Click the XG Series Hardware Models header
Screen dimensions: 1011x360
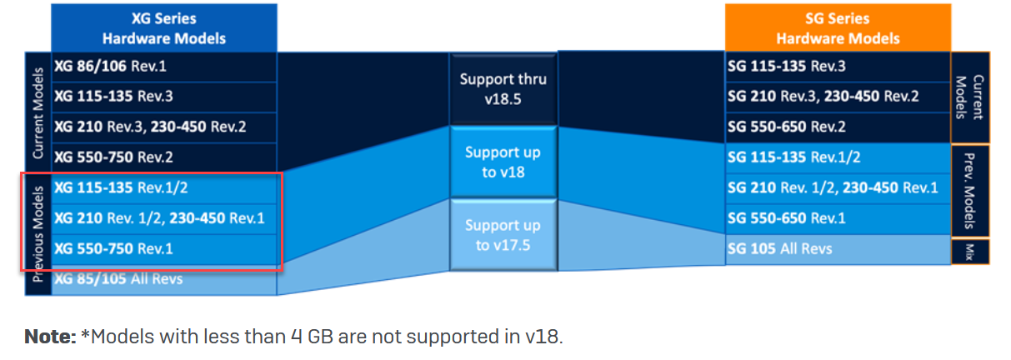(164, 28)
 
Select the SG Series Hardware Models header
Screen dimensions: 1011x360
(838, 28)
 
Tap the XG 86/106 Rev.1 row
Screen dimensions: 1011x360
(164, 67)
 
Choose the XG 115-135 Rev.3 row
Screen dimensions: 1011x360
(164, 97)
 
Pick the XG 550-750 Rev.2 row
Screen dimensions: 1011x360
(164, 157)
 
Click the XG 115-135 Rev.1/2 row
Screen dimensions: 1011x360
(164, 188)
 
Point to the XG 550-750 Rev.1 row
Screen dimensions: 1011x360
(164, 249)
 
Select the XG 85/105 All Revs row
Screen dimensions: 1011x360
(164, 280)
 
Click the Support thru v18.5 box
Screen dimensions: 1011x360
(503, 89)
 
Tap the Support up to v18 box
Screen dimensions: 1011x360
(503, 162)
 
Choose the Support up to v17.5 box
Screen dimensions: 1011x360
(503, 236)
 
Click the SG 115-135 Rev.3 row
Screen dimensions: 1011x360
(838, 67)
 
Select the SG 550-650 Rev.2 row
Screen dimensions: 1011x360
(838, 127)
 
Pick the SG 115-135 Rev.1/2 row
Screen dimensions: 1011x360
(838, 157)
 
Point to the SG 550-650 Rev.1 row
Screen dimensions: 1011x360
(838, 219)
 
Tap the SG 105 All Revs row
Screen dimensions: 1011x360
(838, 249)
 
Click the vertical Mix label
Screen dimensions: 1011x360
(969, 252)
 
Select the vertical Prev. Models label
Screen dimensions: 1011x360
(969, 191)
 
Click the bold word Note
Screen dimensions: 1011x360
(50, 337)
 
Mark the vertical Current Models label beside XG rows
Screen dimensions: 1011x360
(38, 113)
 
